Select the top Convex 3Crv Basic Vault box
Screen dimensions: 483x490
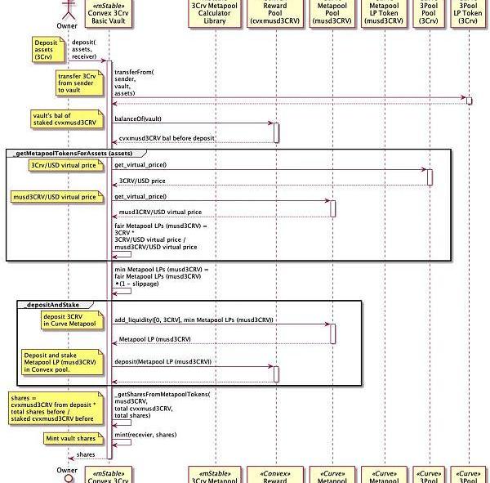(x=109, y=13)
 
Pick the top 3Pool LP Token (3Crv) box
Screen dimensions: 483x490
(x=468, y=13)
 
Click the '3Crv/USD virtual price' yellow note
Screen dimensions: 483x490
(x=65, y=165)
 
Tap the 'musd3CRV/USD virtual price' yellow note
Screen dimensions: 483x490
(x=56, y=196)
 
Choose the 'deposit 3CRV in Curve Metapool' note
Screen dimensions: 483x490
(x=69, y=320)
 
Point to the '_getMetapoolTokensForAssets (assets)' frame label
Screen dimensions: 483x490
(x=74, y=153)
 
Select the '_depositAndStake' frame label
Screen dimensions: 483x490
(x=53, y=304)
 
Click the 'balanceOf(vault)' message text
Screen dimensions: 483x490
(x=138, y=119)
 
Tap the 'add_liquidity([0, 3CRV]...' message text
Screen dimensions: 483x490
(x=194, y=320)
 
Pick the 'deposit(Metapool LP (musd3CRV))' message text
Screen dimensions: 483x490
(x=163, y=361)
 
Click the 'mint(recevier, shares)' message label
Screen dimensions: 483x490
(x=145, y=435)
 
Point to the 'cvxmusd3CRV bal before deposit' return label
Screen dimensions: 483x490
(x=167, y=139)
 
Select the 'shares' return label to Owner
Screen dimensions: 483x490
(x=86, y=454)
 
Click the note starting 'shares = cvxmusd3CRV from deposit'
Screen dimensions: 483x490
(x=54, y=407)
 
